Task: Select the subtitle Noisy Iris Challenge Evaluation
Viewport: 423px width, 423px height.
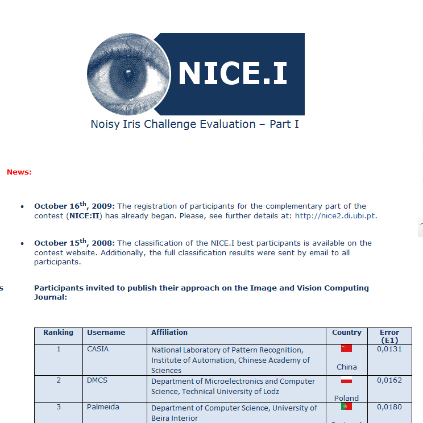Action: pyautogui.click(x=194, y=124)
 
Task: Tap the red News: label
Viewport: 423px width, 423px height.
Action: pyautogui.click(x=19, y=172)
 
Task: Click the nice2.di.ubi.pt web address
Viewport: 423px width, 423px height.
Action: pyautogui.click(x=335, y=216)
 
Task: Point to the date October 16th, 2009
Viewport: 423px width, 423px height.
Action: pyautogui.click(x=74, y=206)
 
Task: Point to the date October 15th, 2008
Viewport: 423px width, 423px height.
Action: pyautogui.click(x=74, y=243)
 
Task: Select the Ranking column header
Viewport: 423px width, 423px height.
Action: pyautogui.click(x=58, y=333)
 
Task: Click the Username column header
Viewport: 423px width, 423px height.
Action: pyautogui.click(x=106, y=333)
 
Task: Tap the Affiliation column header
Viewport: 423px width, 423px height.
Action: pyautogui.click(x=169, y=333)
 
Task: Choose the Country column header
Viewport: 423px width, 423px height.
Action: pyautogui.click(x=347, y=333)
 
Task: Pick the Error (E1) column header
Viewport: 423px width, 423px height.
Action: pyautogui.click(x=389, y=336)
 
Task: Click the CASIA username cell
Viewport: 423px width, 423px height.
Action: pyautogui.click(x=98, y=349)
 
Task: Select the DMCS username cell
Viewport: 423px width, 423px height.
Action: pyautogui.click(x=97, y=380)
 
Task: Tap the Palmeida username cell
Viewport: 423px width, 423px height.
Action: pyautogui.click(x=103, y=407)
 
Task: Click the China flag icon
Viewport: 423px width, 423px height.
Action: pyautogui.click(x=347, y=349)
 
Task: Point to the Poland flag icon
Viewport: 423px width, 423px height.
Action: pyautogui.click(x=347, y=380)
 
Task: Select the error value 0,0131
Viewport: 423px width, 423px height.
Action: pyautogui.click(x=389, y=349)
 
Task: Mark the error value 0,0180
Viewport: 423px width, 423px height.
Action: pyautogui.click(x=389, y=407)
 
